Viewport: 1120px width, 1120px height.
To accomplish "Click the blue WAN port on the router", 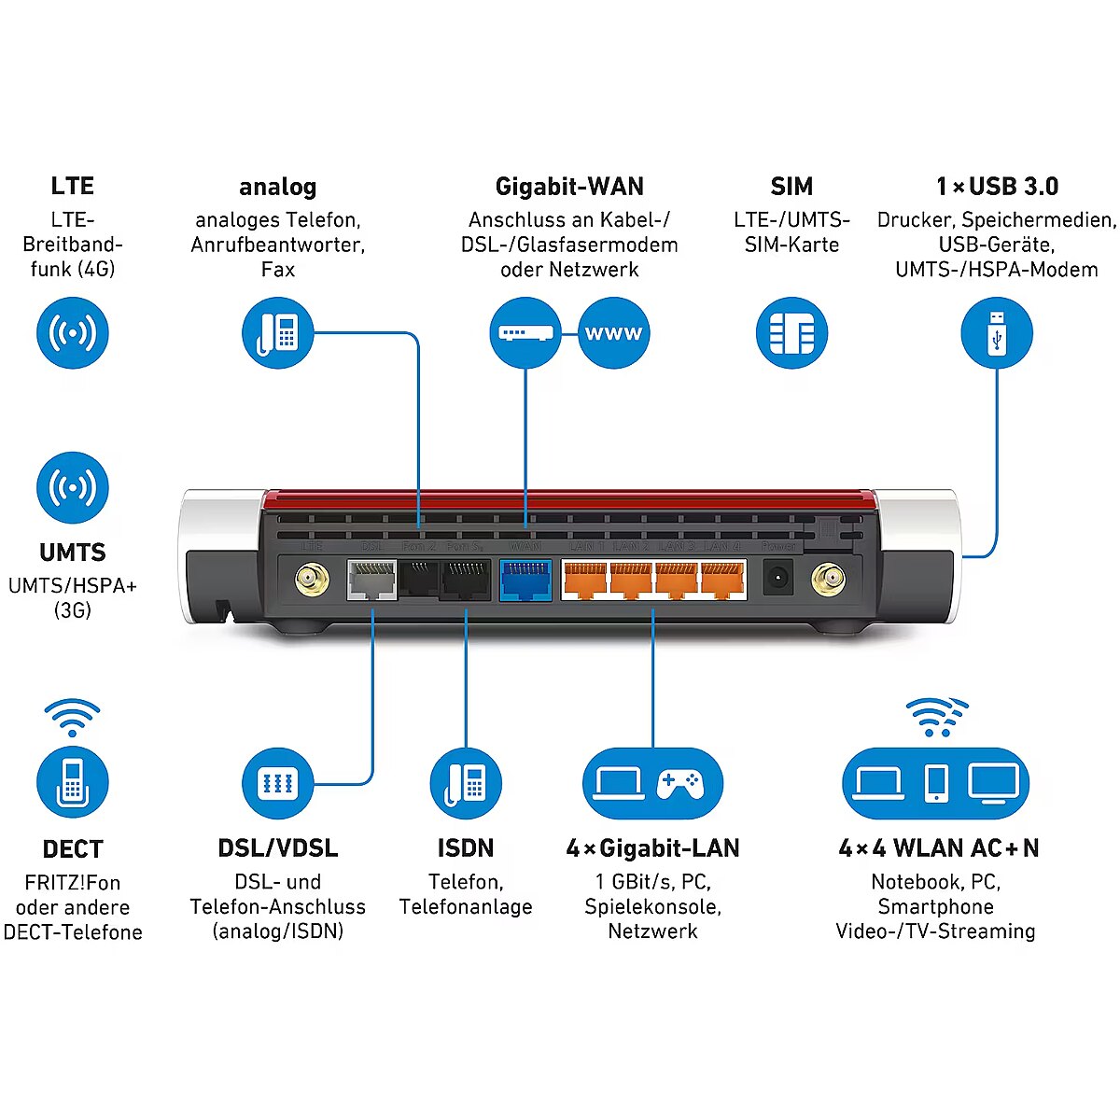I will coord(525,580).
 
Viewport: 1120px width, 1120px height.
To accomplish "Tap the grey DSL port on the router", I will coord(371,580).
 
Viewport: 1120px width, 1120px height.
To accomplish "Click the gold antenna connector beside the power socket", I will coord(826,581).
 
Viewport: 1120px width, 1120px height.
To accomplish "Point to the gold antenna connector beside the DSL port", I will coord(312,581).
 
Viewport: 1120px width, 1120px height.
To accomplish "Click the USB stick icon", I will coord(997,333).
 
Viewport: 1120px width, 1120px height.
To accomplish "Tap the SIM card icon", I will coord(791,333).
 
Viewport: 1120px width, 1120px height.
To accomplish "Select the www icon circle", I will coord(613,333).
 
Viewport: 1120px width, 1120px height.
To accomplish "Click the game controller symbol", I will coord(679,783).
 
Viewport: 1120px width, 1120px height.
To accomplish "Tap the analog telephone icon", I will coord(278,333).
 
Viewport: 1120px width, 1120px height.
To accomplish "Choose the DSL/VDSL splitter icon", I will coord(278,783).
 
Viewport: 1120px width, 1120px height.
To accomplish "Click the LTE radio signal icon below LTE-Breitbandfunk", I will coord(73,333).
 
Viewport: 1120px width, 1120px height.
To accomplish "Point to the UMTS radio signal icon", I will coord(73,487).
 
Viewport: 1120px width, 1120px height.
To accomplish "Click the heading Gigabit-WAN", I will coord(569,187).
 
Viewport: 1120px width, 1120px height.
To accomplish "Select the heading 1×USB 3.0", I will coord(997,187).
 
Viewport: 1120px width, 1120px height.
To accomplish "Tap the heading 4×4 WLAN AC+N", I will coord(938,848).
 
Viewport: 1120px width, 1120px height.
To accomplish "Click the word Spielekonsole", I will coord(652,906).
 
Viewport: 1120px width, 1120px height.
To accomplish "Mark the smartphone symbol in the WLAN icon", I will coord(936,783).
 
